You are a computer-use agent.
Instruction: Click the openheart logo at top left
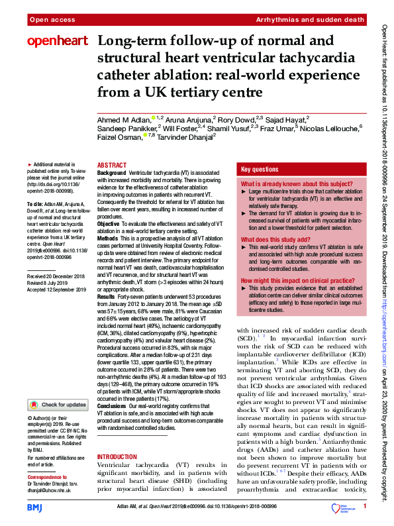(58, 41)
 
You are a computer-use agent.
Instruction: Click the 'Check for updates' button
(58, 404)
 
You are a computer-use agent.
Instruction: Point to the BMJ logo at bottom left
(34, 507)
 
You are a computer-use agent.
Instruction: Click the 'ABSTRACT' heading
(112, 165)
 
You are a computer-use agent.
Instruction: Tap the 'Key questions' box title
(260, 169)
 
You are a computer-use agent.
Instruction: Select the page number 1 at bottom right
(364, 506)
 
